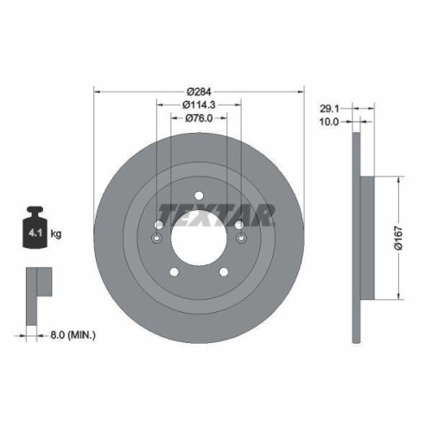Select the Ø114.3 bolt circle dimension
coord(199,106)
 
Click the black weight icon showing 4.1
coord(35,228)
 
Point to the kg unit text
coord(56,233)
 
